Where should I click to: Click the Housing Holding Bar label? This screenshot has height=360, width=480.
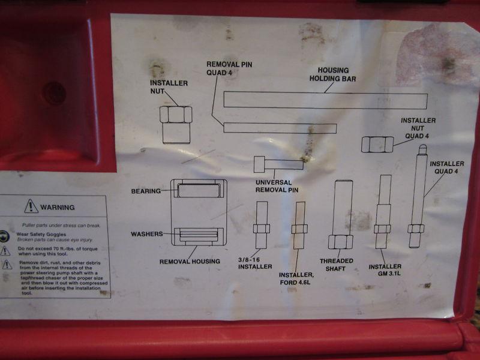click(x=333, y=74)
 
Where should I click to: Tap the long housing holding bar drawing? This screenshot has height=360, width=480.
click(x=325, y=100)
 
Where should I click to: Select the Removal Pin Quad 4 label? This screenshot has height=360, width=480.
click(x=229, y=68)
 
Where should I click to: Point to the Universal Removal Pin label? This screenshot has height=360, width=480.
click(x=277, y=186)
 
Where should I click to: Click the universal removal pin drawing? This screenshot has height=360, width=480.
click(x=278, y=164)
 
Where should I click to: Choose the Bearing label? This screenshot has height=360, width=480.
click(x=146, y=191)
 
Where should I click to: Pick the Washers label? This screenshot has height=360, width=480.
click(x=147, y=234)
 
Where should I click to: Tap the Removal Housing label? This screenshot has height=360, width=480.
click(x=190, y=262)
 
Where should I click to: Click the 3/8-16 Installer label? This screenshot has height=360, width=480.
click(x=255, y=263)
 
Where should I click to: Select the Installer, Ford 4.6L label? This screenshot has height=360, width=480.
click(x=296, y=278)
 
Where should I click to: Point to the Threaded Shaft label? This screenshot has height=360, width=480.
click(x=337, y=265)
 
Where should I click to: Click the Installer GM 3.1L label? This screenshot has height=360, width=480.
click(x=385, y=270)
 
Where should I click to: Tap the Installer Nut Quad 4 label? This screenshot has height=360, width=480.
click(x=418, y=128)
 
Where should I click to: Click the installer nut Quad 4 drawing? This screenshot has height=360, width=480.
click(x=377, y=145)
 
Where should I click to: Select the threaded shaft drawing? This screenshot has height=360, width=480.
click(x=341, y=214)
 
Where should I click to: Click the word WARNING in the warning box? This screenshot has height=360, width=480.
click(x=58, y=208)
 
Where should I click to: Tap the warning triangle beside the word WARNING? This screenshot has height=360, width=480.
click(x=31, y=206)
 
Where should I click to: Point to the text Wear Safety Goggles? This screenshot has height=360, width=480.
click(x=41, y=234)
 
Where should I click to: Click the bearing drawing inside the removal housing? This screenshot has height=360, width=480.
click(x=199, y=190)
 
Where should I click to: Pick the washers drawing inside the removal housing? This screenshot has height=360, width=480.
click(x=199, y=236)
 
